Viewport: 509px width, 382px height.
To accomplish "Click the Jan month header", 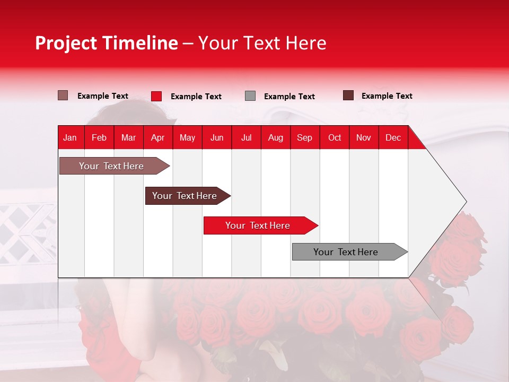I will click(x=70, y=137).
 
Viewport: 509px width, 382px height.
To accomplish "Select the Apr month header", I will click(x=157, y=137).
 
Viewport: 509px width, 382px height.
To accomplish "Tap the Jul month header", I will click(x=246, y=137).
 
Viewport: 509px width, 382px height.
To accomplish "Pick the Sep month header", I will click(x=304, y=137).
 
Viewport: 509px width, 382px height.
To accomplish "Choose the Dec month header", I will click(x=393, y=137).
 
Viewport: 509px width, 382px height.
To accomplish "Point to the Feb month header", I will click(x=99, y=137).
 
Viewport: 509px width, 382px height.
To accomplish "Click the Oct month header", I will click(x=335, y=137).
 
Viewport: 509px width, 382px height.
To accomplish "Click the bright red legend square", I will click(x=156, y=96).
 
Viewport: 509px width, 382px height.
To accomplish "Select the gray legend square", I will click(x=250, y=96).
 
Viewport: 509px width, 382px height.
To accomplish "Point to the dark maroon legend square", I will click(x=348, y=95).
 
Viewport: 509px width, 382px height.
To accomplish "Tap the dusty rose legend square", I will click(x=63, y=95).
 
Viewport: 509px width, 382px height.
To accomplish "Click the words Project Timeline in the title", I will click(x=106, y=43).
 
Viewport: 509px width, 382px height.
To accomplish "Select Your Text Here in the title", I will click(x=262, y=43).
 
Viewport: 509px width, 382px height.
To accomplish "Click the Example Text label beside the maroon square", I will click(x=387, y=96).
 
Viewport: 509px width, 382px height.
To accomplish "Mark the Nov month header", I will click(x=364, y=137).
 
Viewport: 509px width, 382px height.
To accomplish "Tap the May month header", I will click(x=187, y=137).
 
